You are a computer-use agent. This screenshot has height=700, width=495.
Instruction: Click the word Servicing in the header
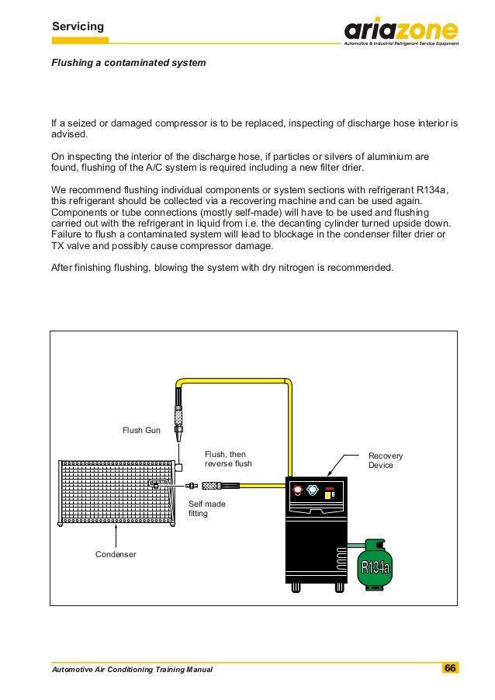(x=78, y=27)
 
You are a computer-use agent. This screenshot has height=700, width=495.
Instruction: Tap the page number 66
(x=450, y=668)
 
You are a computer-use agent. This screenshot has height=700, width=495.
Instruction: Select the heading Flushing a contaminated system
(x=128, y=62)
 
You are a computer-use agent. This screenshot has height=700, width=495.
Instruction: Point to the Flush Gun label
(x=141, y=429)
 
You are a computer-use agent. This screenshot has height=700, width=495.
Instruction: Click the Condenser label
(x=116, y=554)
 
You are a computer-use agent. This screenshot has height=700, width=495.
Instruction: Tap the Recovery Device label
(x=381, y=460)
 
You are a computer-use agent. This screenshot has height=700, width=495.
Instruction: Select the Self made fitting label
(x=206, y=508)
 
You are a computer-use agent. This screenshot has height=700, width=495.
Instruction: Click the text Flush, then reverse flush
(x=228, y=459)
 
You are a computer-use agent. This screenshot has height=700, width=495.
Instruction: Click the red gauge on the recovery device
(x=297, y=491)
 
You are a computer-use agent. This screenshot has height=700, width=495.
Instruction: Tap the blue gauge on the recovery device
(x=312, y=491)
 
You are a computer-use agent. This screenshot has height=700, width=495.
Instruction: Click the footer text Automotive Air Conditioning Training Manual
(x=131, y=669)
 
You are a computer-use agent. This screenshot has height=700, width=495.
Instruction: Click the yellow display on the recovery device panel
(x=329, y=494)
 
